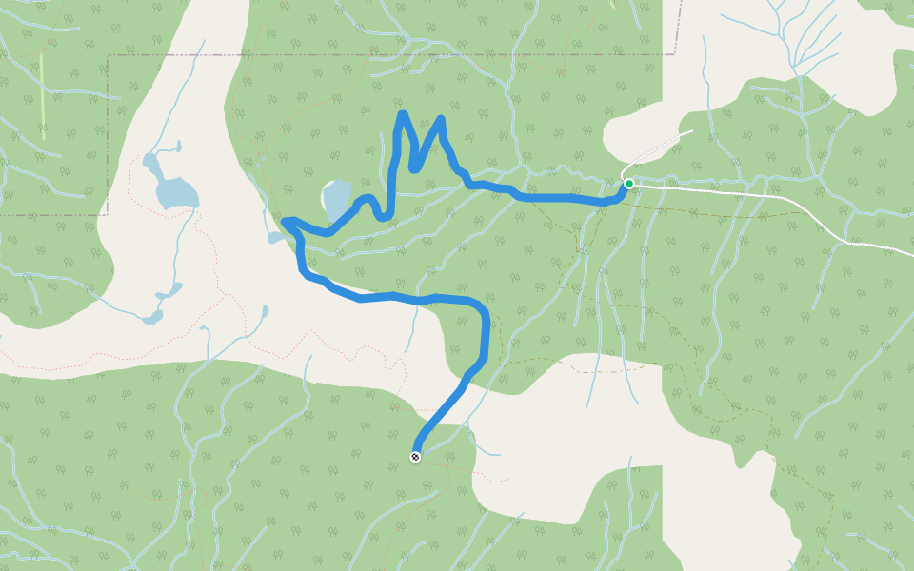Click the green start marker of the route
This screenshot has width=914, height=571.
click(x=628, y=183)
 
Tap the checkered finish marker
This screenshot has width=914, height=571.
click(x=415, y=457)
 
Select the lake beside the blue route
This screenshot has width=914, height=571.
click(x=336, y=200)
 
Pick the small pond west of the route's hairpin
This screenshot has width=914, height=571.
click(x=275, y=238)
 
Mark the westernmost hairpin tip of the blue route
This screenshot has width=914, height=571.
click(x=286, y=223)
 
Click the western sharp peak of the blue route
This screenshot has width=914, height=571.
click(x=403, y=115)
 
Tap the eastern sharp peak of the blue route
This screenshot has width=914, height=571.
click(x=441, y=120)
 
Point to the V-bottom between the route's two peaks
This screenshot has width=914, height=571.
click(x=414, y=168)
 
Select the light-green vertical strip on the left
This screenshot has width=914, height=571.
click(x=42, y=95)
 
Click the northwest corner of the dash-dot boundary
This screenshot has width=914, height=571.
click(x=108, y=56)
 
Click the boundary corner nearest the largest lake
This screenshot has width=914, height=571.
click(x=108, y=214)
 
